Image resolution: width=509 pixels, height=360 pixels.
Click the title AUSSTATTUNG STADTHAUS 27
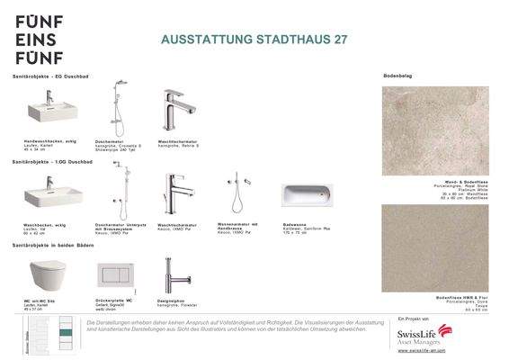tap(253, 40)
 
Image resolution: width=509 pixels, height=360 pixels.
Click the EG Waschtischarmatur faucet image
tap(174, 112)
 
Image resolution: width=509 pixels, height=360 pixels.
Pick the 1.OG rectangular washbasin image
tap(52, 194)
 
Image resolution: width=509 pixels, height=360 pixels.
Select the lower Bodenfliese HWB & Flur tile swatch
tap(434, 247)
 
